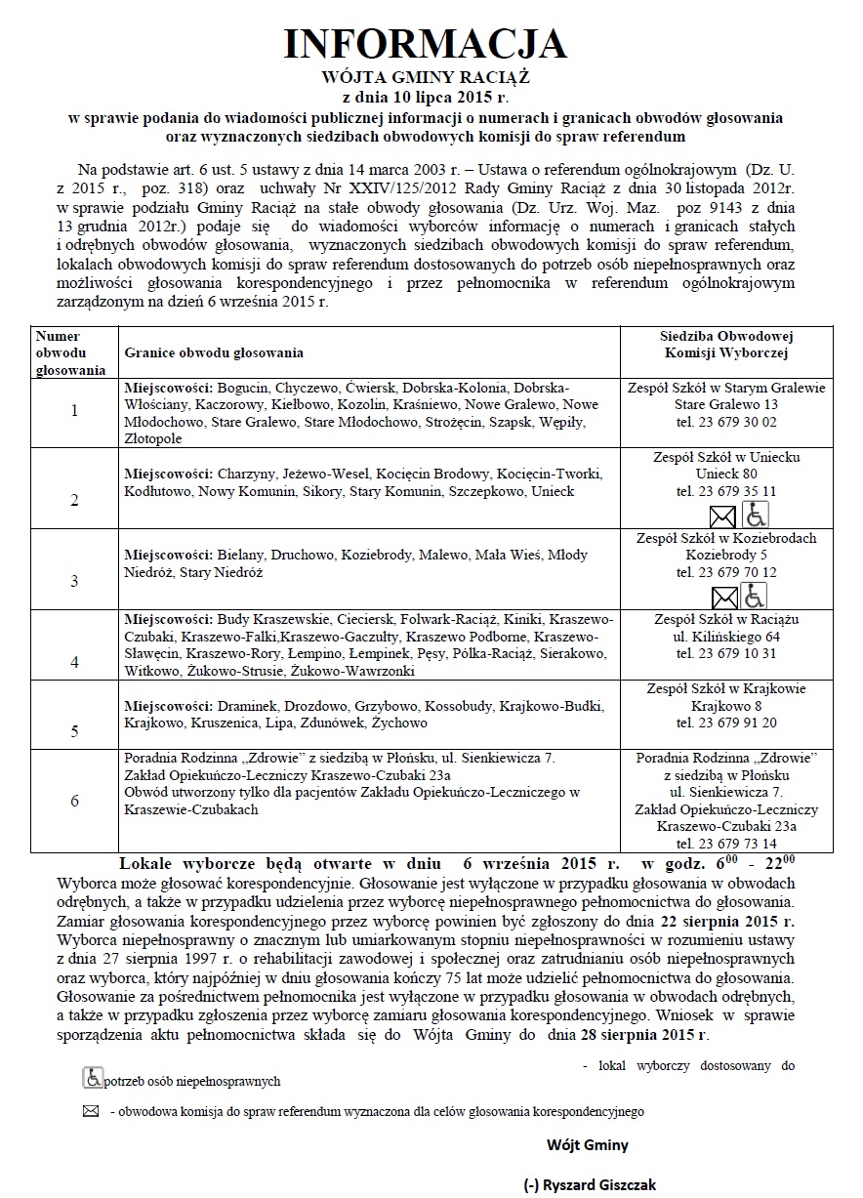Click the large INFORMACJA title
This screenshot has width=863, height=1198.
425,44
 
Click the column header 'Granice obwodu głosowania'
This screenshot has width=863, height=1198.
214,351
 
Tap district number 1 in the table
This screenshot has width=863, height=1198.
74,410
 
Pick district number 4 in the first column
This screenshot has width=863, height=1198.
74,661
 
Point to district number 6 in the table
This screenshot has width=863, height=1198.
74,801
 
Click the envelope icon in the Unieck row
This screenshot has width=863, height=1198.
722,516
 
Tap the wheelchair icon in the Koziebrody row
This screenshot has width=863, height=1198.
754,596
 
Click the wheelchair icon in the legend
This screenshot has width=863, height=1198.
93,1078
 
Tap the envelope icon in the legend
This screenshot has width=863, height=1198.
91,1111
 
